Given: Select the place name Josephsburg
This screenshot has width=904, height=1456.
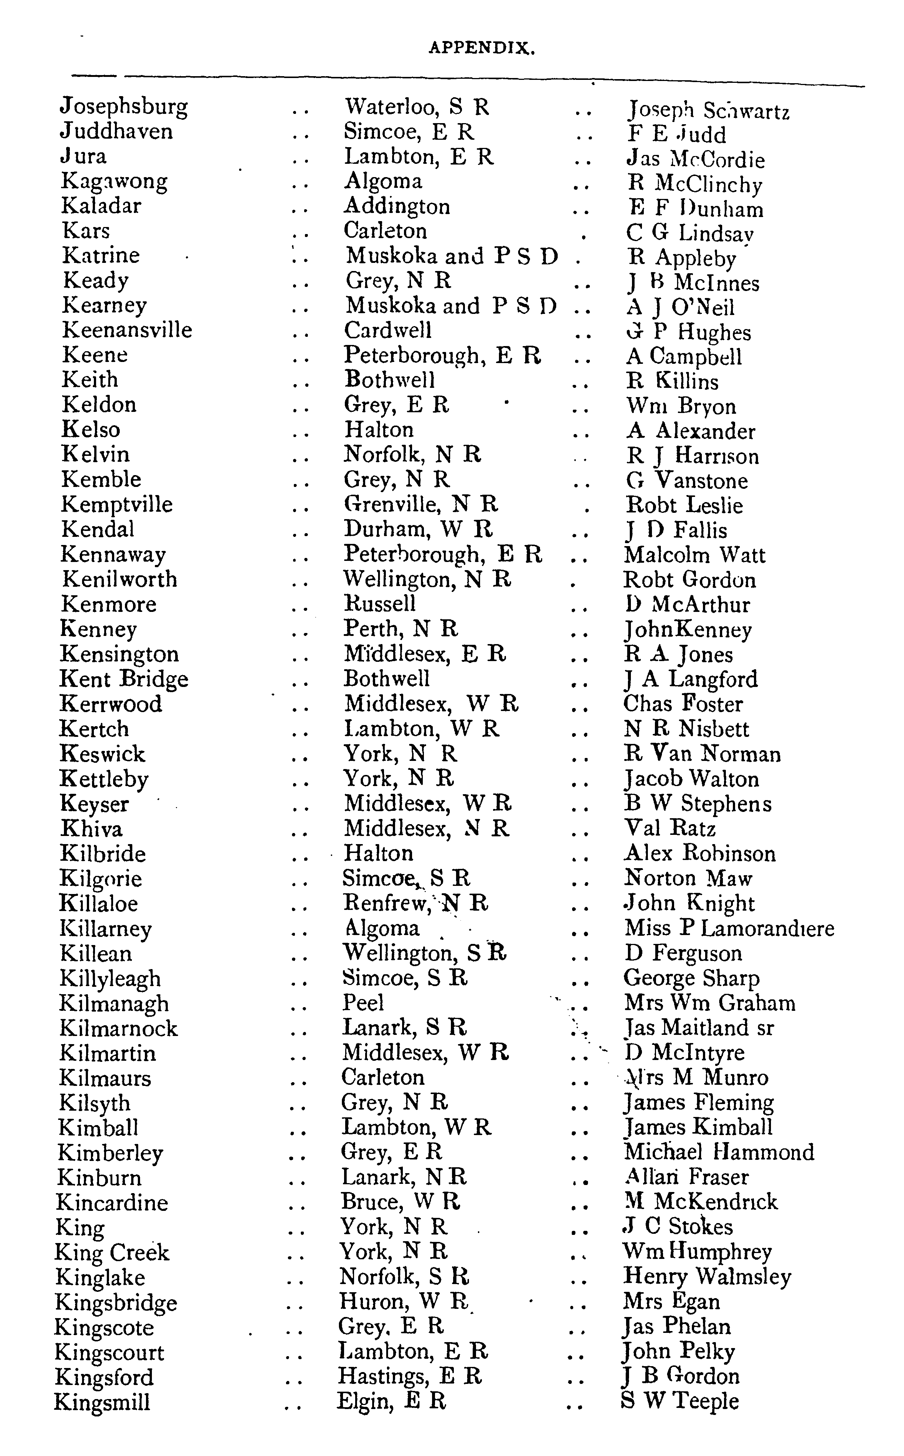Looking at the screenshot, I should pos(124,107).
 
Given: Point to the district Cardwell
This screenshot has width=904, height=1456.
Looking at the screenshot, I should pos(387,330).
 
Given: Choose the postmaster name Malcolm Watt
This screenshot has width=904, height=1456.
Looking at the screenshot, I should pos(694,555).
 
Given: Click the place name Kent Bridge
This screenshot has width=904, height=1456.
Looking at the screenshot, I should pos(124,679).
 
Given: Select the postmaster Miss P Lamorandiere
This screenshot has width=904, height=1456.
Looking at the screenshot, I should pos(729,928).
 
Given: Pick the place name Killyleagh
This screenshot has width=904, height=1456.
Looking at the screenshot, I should pos(110,979).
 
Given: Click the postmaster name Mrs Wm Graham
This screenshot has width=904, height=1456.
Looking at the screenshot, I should pos(710,1003).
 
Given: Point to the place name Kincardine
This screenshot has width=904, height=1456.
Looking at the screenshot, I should pos(112,1202).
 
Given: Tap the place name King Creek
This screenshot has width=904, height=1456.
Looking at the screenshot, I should pos(112,1252).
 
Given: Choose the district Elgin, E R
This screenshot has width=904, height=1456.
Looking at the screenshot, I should pos(392,1401).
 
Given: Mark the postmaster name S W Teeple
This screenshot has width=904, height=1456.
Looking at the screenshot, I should pos(680,1401).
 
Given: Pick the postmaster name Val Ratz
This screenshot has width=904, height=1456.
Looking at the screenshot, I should pos(670,828).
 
